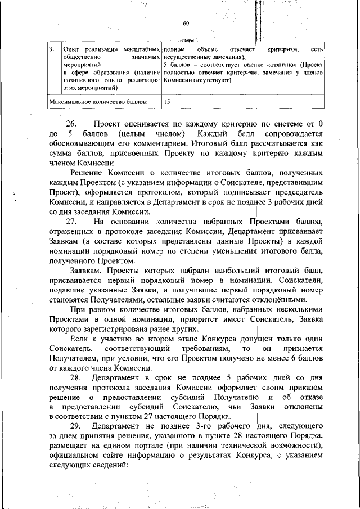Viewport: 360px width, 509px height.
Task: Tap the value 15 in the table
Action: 168,102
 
